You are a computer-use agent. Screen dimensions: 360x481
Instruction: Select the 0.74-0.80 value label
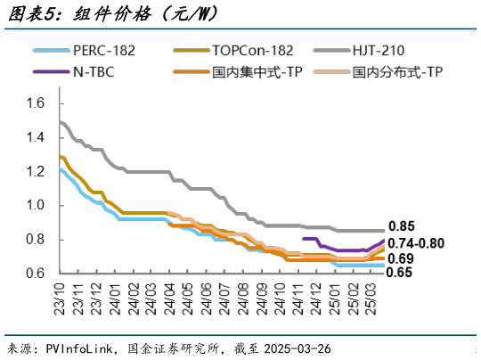click(x=420, y=242)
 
